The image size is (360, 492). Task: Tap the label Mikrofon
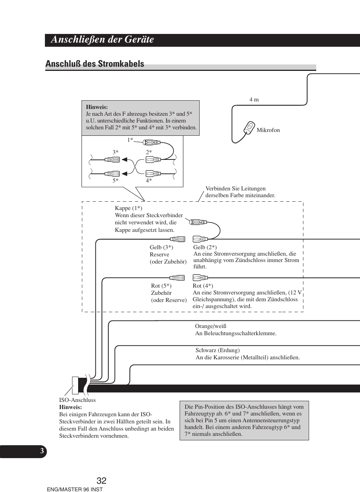click(268, 130)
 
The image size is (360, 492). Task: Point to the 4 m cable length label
click(254, 100)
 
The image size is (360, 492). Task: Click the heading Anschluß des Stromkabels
click(95, 64)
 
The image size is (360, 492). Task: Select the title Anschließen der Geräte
click(102, 40)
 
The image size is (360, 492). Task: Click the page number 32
click(101, 481)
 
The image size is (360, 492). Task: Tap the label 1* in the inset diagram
click(130, 140)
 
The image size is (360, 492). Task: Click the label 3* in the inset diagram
click(115, 152)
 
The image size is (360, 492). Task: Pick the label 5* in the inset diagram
click(115, 181)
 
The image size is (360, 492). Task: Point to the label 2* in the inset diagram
click(149, 152)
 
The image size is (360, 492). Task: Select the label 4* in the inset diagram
click(149, 181)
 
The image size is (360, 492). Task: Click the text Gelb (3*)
click(161, 247)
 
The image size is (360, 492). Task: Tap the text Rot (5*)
click(161, 286)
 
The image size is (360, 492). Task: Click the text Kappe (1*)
click(128, 208)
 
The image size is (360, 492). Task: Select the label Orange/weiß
click(211, 326)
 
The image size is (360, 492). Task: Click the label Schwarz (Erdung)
click(217, 350)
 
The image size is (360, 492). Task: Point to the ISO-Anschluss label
click(77, 400)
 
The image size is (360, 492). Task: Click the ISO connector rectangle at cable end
click(75, 385)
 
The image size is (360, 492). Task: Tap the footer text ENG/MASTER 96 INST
click(75, 489)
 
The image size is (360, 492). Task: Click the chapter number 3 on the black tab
click(42, 451)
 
